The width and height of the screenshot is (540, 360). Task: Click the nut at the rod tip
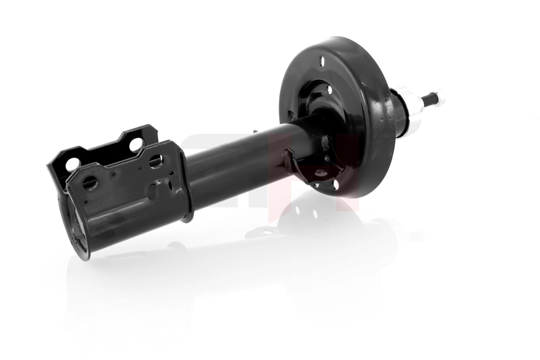coord(438,96)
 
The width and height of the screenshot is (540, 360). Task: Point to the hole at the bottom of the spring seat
coord(335,184)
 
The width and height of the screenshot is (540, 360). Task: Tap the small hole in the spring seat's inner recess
coord(330,90)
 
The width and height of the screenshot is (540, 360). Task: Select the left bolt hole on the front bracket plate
coord(90,182)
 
